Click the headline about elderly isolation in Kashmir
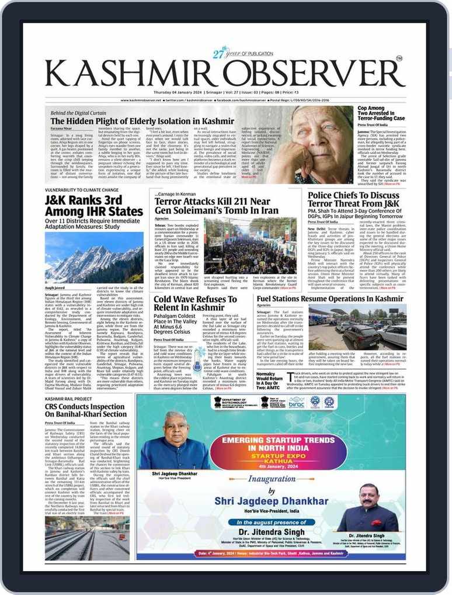(167, 121)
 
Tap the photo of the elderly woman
(322, 144)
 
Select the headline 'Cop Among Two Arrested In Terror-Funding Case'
(380, 113)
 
